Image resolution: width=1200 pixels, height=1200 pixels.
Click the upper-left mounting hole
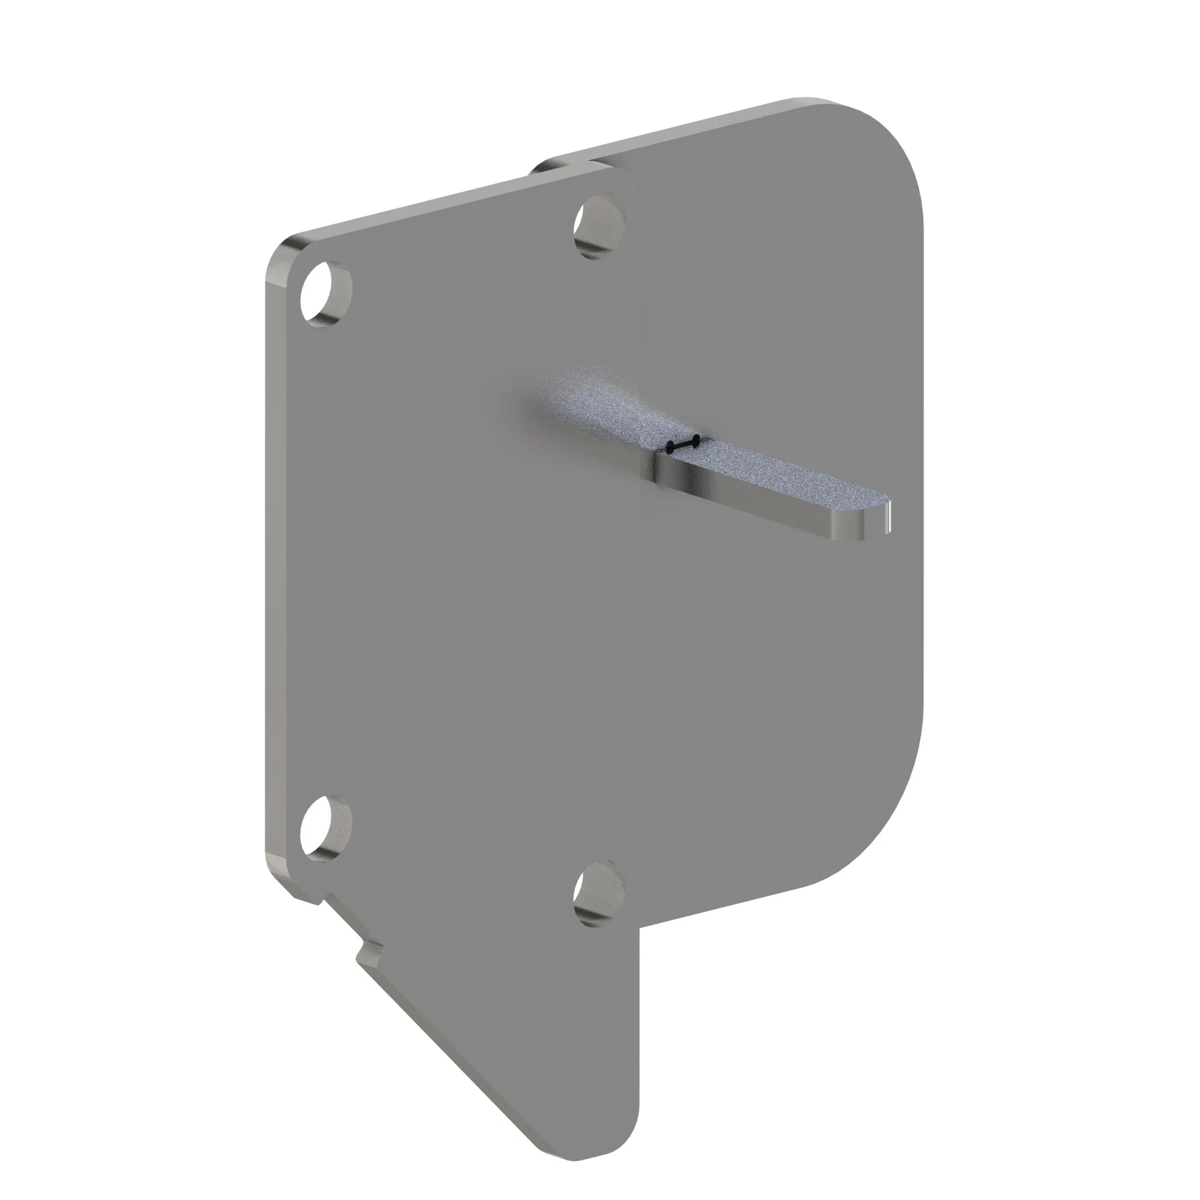(x=326, y=295)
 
